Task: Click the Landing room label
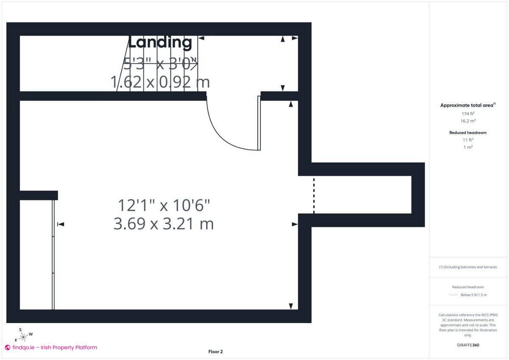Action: (160, 42)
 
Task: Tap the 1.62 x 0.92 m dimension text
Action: (160, 82)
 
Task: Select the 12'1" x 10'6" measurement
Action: (164, 206)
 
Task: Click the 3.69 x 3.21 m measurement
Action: (164, 223)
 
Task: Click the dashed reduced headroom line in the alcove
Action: (314, 195)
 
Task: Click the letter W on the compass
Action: (31, 334)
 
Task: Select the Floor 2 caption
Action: (215, 352)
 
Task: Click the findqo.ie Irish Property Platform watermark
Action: (51, 347)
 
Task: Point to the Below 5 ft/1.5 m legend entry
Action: (473, 295)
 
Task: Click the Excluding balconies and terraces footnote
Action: (468, 267)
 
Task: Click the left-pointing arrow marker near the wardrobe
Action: (60, 224)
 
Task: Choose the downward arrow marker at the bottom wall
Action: (291, 306)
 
